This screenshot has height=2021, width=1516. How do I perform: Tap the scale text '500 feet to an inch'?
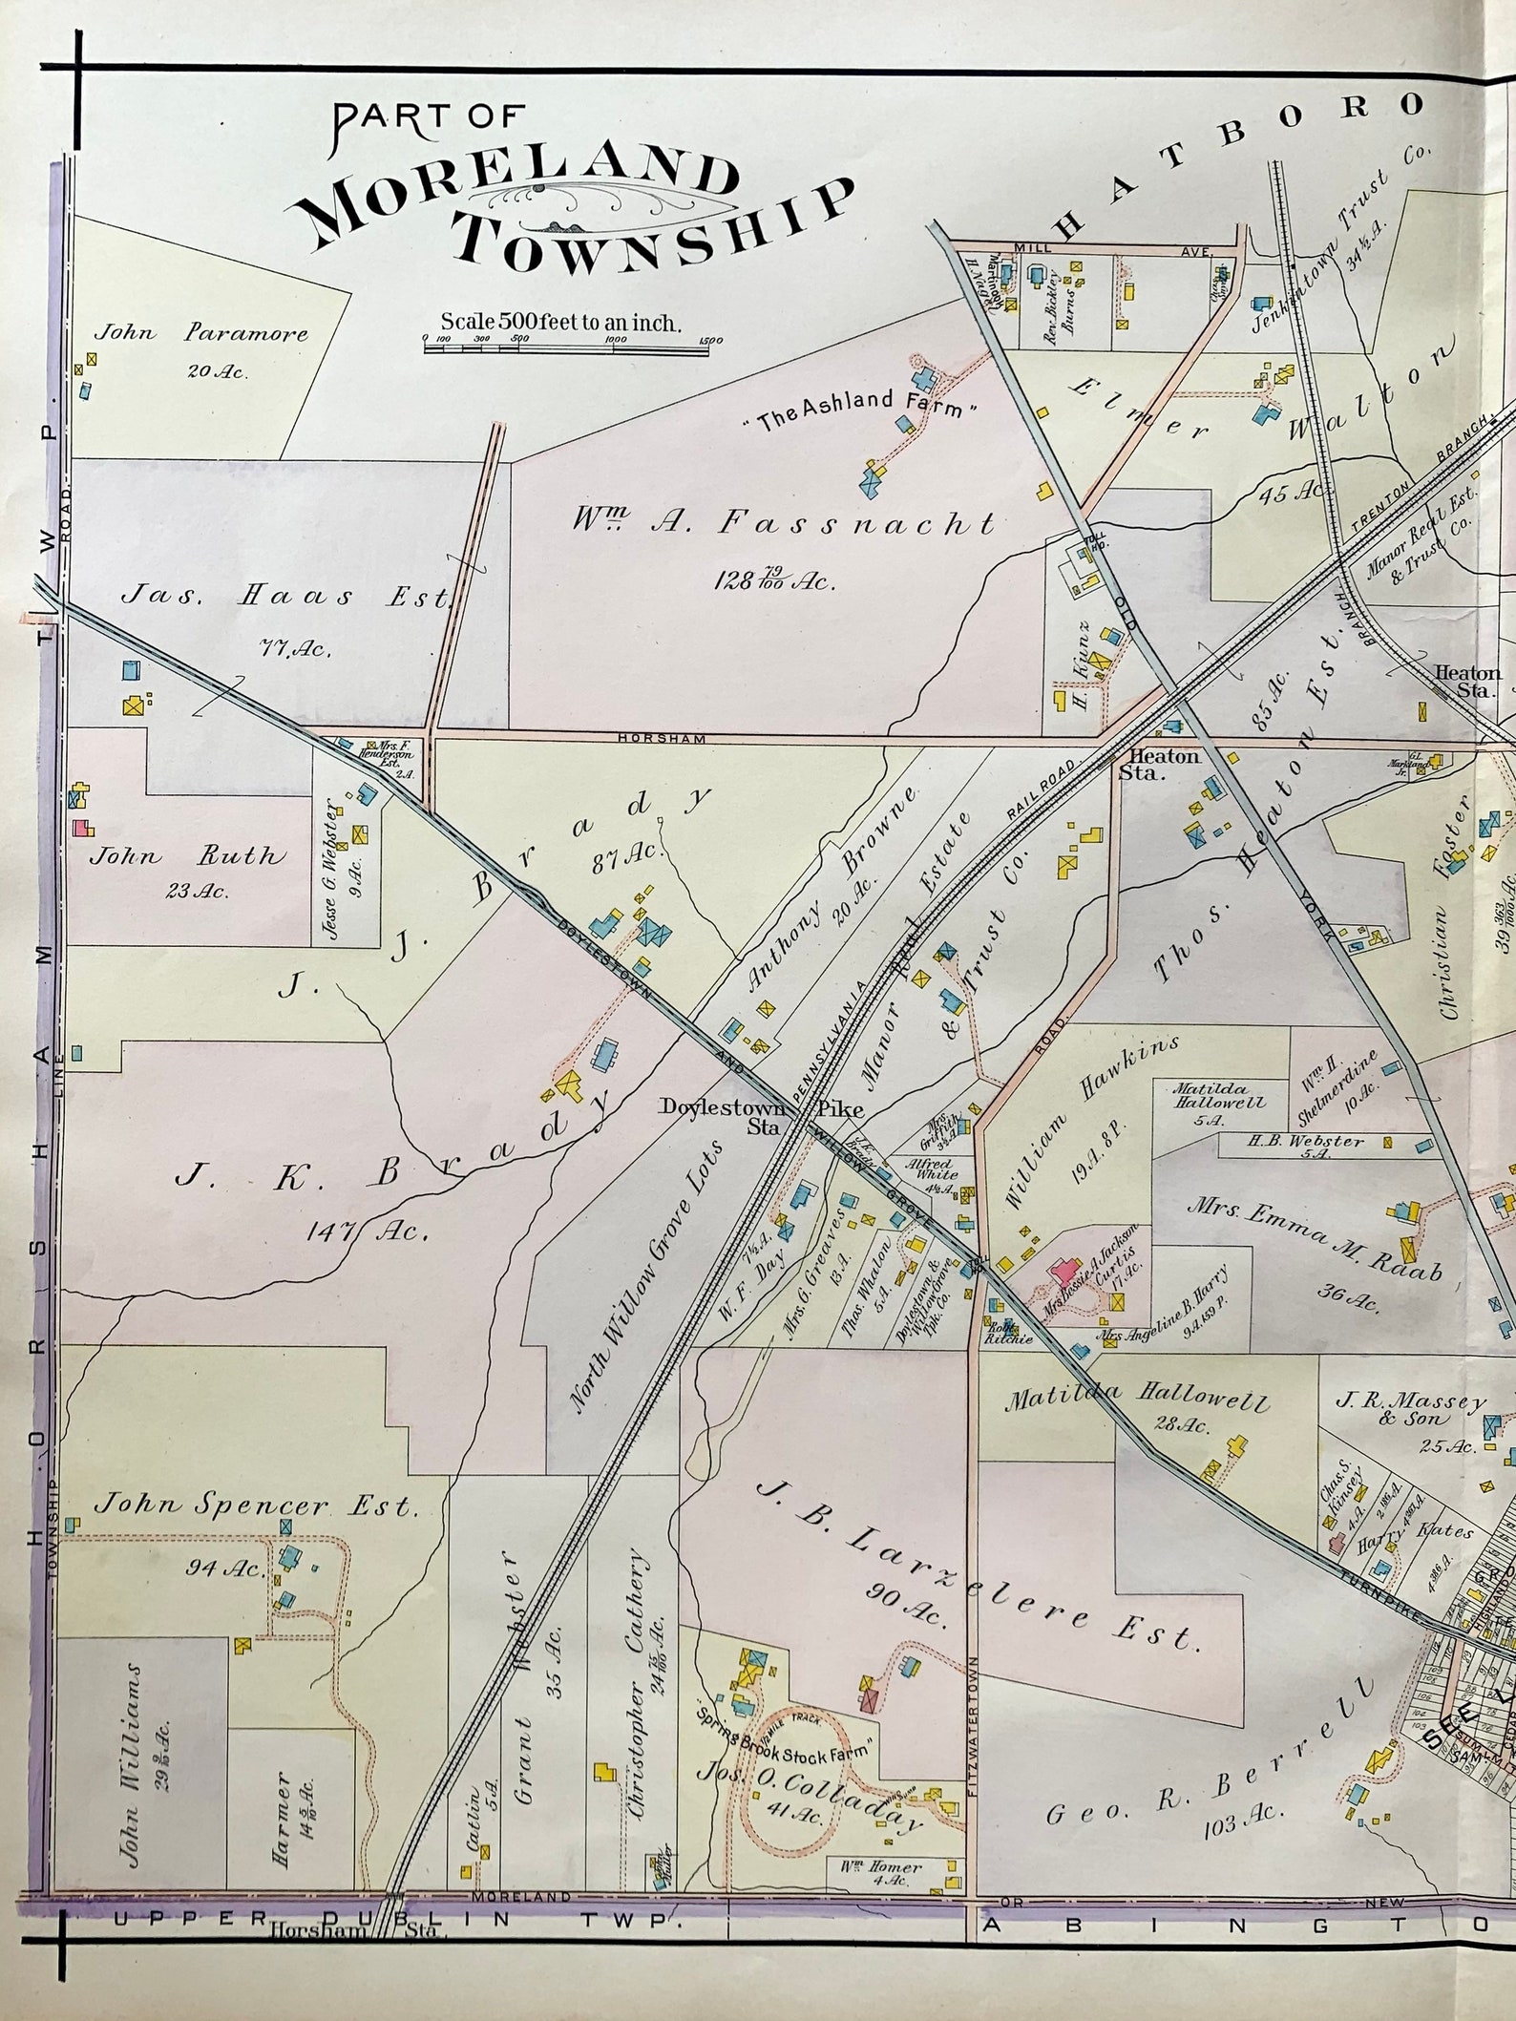tap(560, 323)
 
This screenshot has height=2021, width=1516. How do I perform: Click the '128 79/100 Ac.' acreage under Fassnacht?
tap(773, 579)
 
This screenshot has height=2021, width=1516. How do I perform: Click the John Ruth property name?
tap(187, 855)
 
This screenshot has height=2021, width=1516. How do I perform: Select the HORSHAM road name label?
tap(661, 738)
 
